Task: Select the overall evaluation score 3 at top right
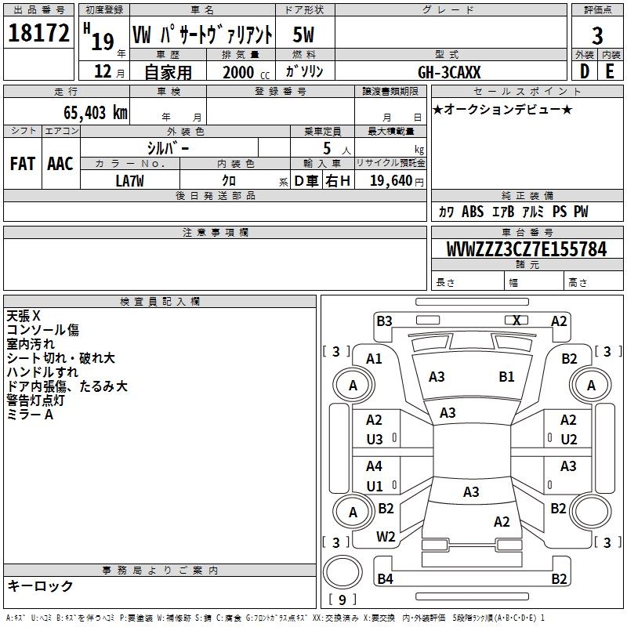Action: click(x=597, y=35)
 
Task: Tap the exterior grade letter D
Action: click(x=584, y=71)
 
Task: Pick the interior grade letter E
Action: click(x=610, y=71)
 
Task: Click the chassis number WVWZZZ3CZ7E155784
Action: click(x=526, y=250)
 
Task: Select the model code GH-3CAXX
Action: click(x=450, y=71)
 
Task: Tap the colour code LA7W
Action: click(x=129, y=180)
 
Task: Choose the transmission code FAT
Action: click(x=22, y=163)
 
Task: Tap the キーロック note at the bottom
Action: click(x=40, y=586)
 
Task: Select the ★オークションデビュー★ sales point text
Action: click(x=502, y=109)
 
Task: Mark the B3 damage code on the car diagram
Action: click(x=384, y=321)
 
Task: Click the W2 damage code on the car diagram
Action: click(x=386, y=537)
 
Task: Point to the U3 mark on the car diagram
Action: click(x=375, y=440)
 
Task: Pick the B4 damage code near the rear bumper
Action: click(x=384, y=579)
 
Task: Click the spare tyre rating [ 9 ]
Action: click(x=342, y=600)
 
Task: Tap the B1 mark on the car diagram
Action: click(x=507, y=377)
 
